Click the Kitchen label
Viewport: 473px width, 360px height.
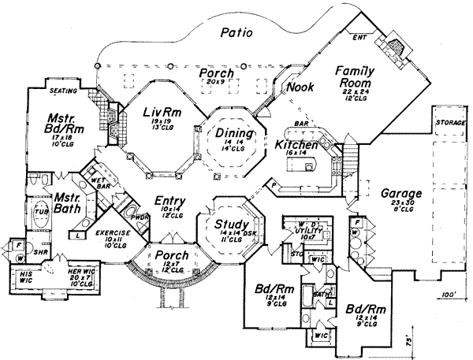pyautogui.click(x=296, y=146)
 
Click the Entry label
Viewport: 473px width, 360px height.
pyautogui.click(x=170, y=202)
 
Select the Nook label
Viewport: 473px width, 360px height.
pyautogui.click(x=300, y=87)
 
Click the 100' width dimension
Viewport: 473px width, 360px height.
pyautogui.click(x=450, y=294)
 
